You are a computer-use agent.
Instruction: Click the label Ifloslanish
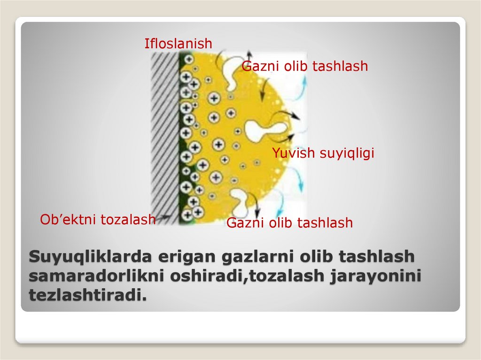178,44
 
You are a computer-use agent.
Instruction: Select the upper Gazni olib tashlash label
304,66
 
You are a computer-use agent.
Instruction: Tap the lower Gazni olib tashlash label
289,222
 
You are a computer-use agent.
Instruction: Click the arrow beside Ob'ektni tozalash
163,218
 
